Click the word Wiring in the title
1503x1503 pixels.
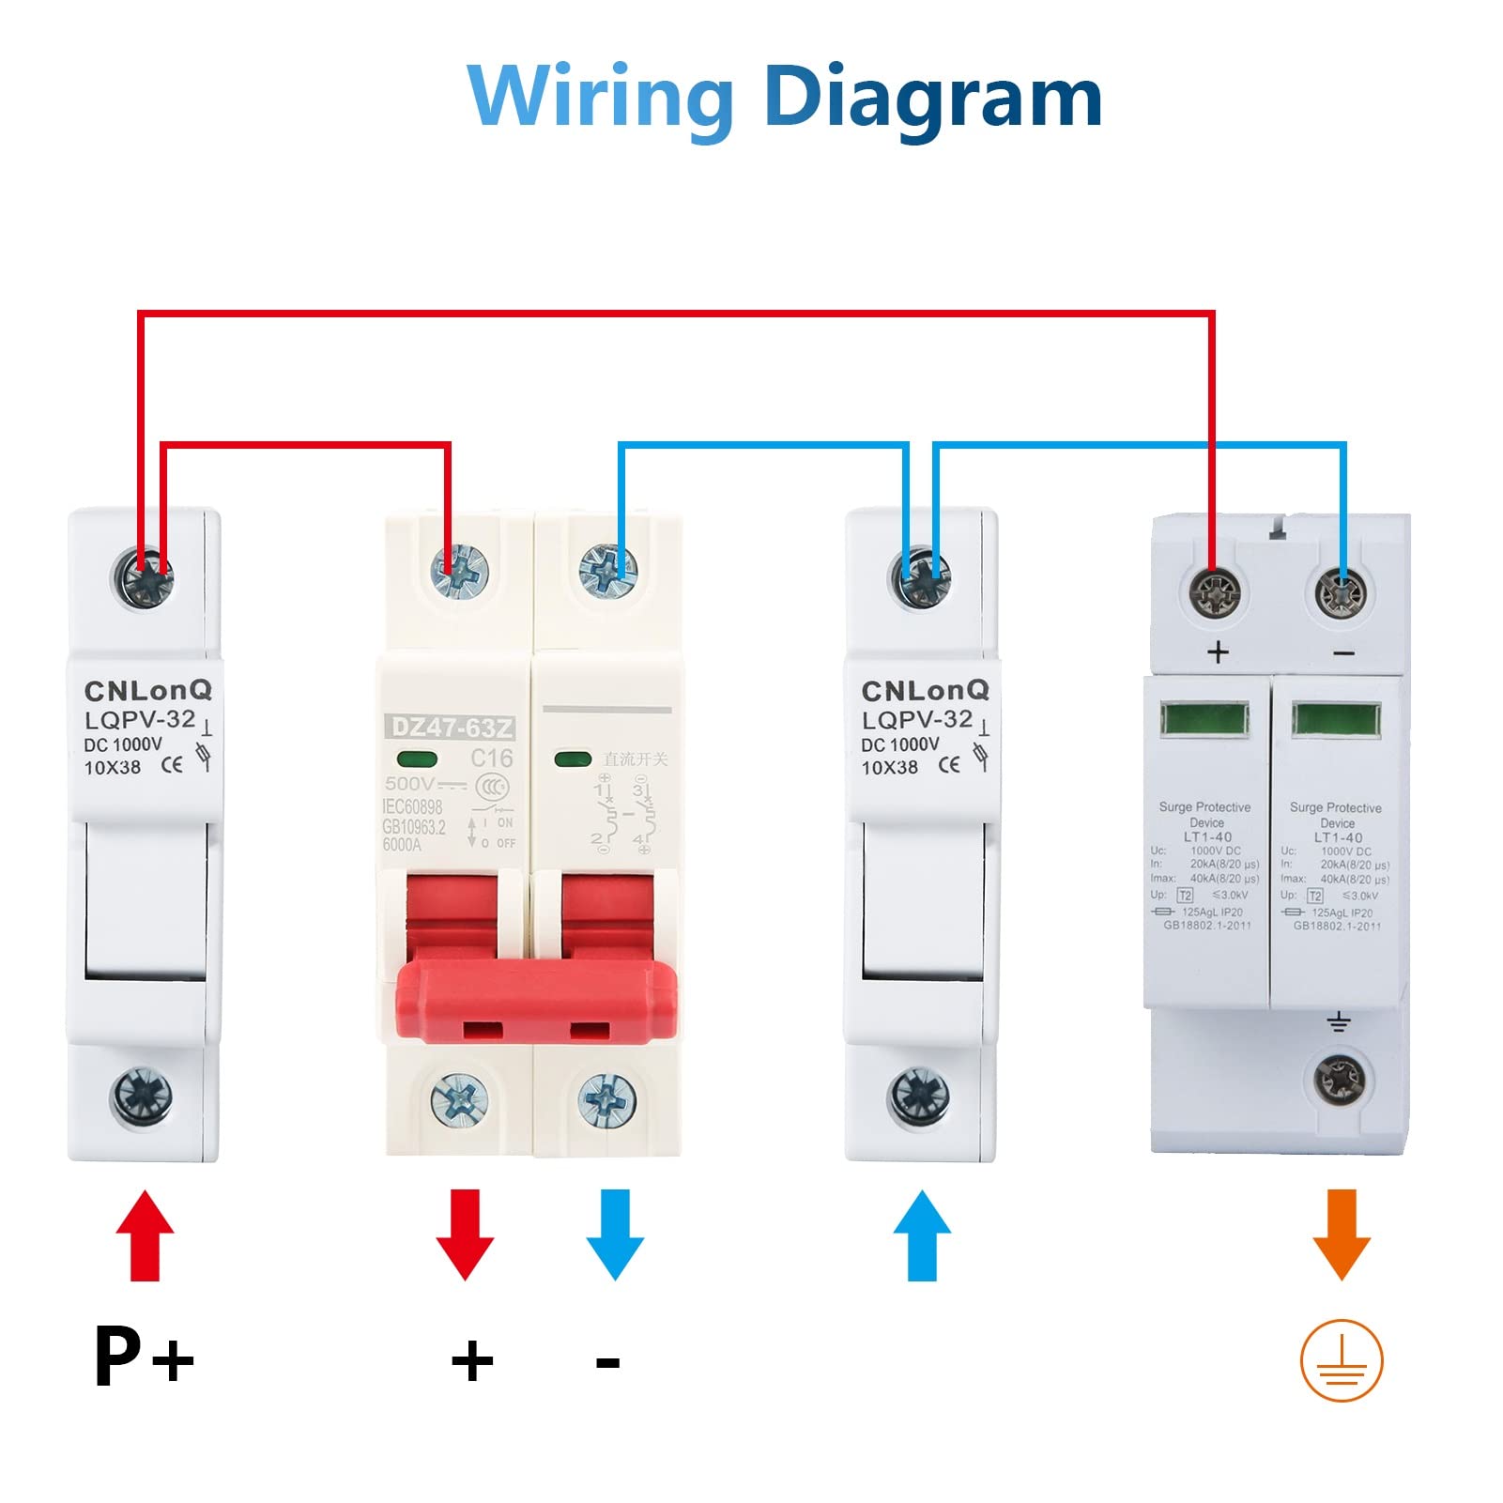pos(601,98)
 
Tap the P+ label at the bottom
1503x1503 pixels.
pos(144,1356)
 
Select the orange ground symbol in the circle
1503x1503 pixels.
pos(1342,1360)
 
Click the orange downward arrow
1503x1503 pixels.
pos(1342,1234)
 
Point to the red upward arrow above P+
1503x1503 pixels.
pos(145,1235)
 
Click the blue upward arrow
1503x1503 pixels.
pos(922,1235)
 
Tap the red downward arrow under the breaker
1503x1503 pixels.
pos(465,1234)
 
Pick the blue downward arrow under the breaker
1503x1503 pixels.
pos(615,1234)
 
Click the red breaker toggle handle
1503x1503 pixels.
pos(536,1000)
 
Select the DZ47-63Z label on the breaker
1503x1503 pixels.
pos(452,727)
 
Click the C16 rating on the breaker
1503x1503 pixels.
pos(492,758)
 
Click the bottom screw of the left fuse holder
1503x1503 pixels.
pos(143,1096)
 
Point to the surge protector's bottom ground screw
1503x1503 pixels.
pos(1340,1080)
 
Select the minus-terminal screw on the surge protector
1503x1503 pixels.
pos(1341,594)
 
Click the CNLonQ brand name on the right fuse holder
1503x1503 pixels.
pos(925,690)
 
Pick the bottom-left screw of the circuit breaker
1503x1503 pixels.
pos(459,1101)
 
